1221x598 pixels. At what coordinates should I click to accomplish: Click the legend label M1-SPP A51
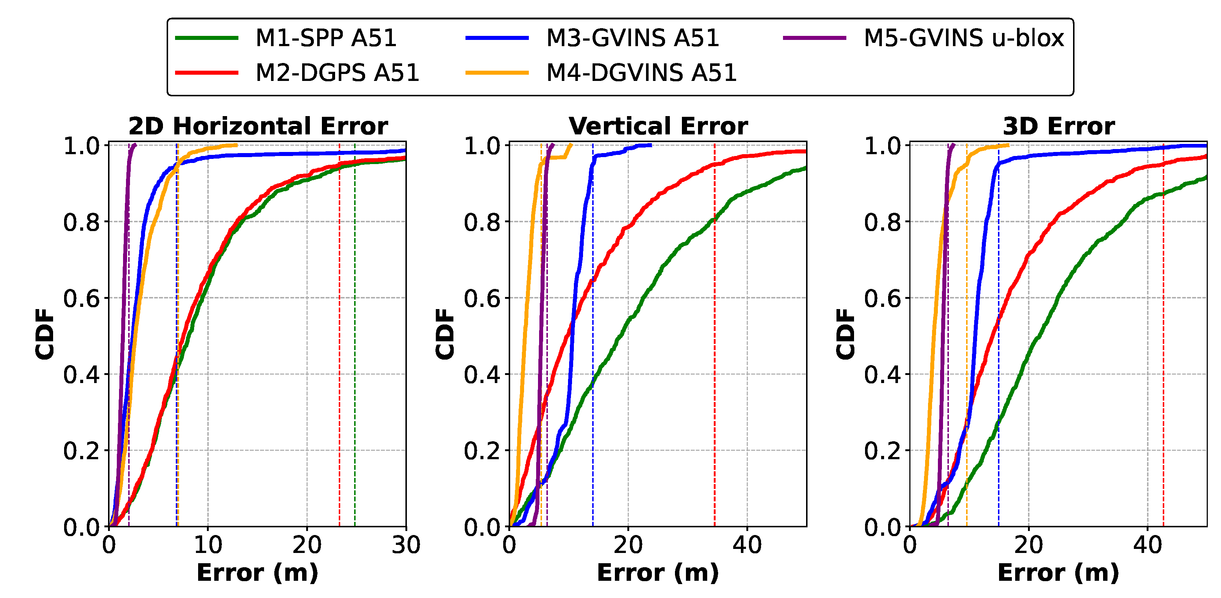[x=326, y=38]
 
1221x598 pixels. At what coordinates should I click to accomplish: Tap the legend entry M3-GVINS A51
[x=632, y=38]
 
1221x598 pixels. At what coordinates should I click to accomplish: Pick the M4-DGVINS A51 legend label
[x=641, y=73]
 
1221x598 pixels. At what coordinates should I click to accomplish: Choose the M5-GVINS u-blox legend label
[x=964, y=38]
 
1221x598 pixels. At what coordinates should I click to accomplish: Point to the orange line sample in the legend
[x=497, y=73]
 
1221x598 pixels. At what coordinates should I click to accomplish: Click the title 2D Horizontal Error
[x=258, y=126]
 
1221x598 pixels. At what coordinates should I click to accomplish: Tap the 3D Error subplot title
[x=1058, y=126]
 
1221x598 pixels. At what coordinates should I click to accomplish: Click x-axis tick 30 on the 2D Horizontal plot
[x=406, y=545]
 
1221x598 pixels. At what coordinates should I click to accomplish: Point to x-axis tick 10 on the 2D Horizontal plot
[x=208, y=545]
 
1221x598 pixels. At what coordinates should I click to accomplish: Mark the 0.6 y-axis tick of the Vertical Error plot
[x=482, y=298]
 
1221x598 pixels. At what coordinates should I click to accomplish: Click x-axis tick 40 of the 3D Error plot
[x=1147, y=545]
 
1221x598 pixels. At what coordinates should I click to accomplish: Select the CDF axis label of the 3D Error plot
[x=846, y=334]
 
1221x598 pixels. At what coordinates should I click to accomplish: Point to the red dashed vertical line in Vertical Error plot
[x=715, y=332]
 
